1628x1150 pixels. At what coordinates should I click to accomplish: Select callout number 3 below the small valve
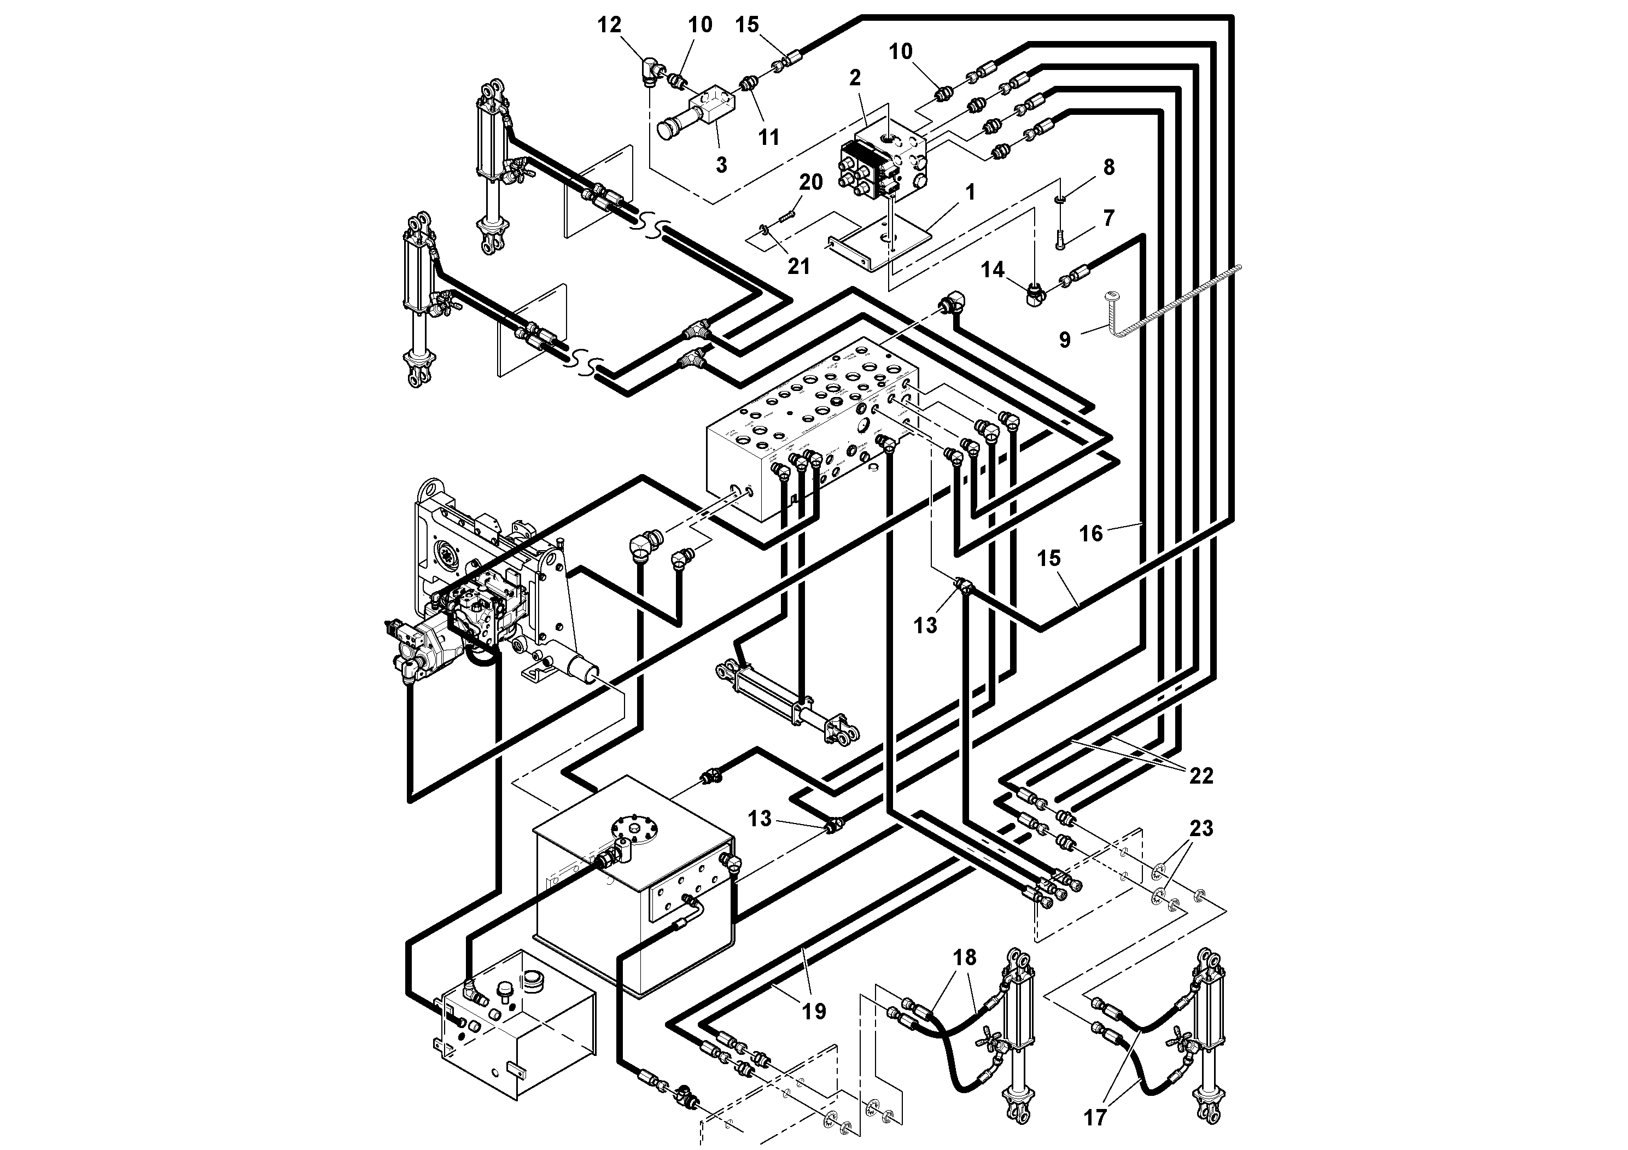coord(721,165)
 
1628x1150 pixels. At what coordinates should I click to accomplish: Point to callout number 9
coord(1064,340)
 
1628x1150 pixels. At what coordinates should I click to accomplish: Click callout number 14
coord(993,270)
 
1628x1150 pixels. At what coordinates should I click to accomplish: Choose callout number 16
coord(1091,533)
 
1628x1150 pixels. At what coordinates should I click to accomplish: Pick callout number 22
coord(1201,775)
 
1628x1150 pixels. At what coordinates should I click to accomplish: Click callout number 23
coord(1201,828)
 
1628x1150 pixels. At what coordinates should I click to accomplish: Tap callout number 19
coord(814,1011)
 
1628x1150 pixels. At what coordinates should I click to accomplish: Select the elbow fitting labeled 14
coord(1035,293)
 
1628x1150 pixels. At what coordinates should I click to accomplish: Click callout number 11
coord(769,137)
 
